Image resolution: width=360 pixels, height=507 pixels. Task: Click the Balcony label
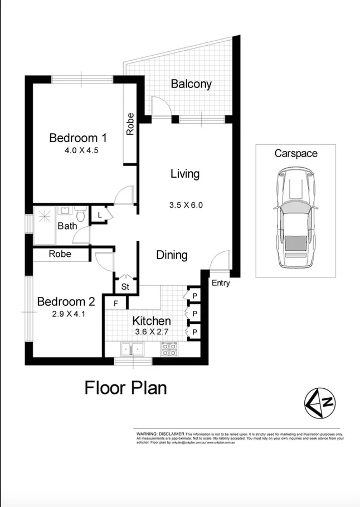[x=191, y=84]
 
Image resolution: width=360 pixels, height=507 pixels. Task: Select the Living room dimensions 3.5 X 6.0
[x=186, y=204]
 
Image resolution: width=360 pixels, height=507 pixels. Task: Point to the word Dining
[x=172, y=255]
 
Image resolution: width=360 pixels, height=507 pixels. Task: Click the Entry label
[x=221, y=283]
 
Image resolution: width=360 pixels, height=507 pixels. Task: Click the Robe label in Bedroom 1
[x=130, y=124]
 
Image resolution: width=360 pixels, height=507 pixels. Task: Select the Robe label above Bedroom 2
[x=60, y=254]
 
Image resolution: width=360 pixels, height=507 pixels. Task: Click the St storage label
[x=125, y=287]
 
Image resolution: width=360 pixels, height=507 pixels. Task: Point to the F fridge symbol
[x=116, y=303]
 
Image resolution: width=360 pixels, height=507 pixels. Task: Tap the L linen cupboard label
[x=100, y=215]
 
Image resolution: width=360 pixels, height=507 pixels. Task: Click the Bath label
[x=67, y=226]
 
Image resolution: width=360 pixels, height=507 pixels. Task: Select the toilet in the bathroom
[x=80, y=213]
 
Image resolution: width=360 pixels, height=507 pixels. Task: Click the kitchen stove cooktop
[x=169, y=349]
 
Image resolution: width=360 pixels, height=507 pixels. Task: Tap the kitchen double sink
[x=133, y=349]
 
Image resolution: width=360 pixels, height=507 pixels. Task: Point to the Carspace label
[x=295, y=153]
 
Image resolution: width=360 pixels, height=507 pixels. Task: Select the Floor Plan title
[x=125, y=387]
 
